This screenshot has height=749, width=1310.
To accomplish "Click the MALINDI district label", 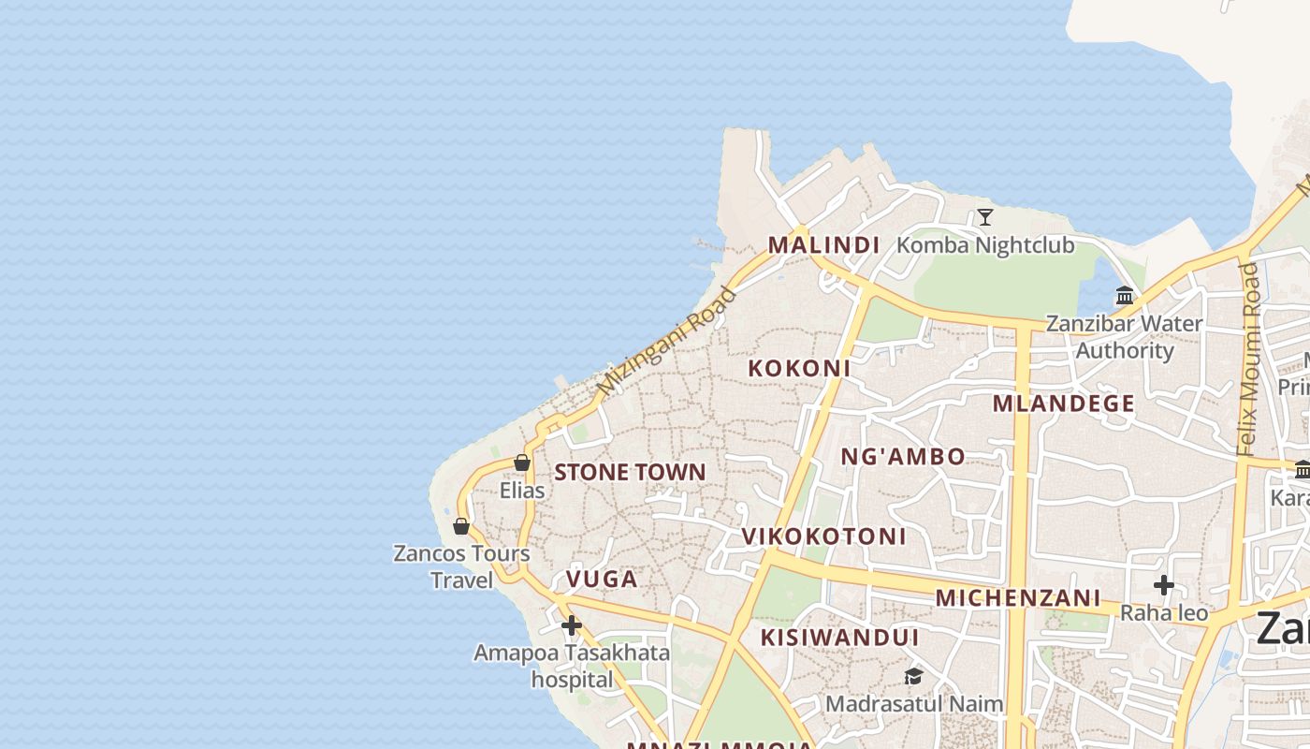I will pyautogui.click(x=823, y=245).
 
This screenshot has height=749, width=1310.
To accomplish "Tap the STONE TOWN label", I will pyautogui.click(x=630, y=472).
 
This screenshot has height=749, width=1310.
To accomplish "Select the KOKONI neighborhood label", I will pyautogui.click(x=799, y=369).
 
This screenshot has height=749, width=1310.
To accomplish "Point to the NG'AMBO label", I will pyautogui.click(x=903, y=457).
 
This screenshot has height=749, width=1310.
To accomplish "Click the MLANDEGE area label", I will pyautogui.click(x=1064, y=404).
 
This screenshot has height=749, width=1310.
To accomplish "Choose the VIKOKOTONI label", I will pyautogui.click(x=823, y=536).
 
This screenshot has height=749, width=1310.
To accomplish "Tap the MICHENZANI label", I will pyautogui.click(x=1018, y=598).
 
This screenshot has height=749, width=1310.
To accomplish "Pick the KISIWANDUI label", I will pyautogui.click(x=839, y=638).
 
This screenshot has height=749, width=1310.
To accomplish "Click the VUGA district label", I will pyautogui.click(x=602, y=580).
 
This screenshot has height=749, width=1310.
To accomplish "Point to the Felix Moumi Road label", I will pyautogui.click(x=1249, y=360).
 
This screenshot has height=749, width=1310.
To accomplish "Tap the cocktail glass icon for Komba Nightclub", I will pyautogui.click(x=984, y=217).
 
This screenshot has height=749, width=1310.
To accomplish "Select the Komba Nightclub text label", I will pyautogui.click(x=985, y=245).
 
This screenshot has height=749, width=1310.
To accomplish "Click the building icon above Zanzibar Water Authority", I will pyautogui.click(x=1125, y=296).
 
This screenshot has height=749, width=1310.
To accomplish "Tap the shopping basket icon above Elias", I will pyautogui.click(x=522, y=463).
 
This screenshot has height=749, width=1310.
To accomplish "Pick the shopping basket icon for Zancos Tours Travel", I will pyautogui.click(x=460, y=526).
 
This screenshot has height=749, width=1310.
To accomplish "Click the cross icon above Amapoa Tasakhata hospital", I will pyautogui.click(x=571, y=625).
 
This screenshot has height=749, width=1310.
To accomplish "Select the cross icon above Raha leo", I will pyautogui.click(x=1163, y=585).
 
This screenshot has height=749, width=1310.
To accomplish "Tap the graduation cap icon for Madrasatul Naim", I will pyautogui.click(x=913, y=676).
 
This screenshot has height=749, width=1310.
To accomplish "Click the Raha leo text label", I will pyautogui.click(x=1164, y=613).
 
